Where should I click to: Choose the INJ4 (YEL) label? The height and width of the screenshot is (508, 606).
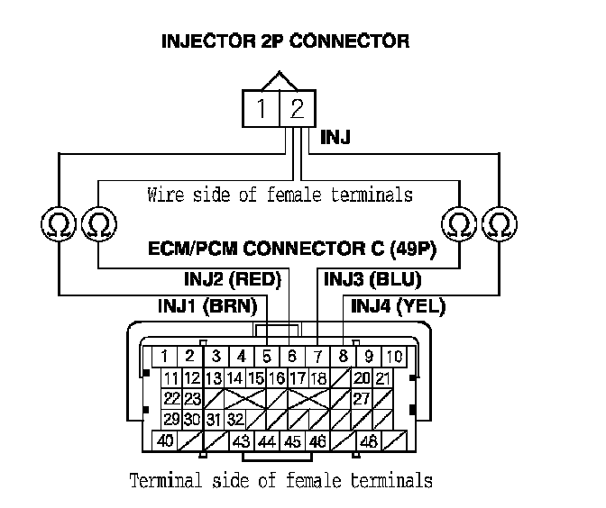(x=398, y=306)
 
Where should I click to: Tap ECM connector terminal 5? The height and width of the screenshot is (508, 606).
(x=267, y=356)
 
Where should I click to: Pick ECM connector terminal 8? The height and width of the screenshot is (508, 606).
(x=344, y=356)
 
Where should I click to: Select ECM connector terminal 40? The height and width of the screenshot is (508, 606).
(x=166, y=441)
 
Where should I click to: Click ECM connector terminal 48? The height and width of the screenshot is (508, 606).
(x=368, y=441)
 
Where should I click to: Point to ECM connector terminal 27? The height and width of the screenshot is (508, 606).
(x=361, y=398)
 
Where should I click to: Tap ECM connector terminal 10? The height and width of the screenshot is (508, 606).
(x=395, y=356)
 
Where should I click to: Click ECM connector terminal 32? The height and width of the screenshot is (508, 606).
(x=236, y=419)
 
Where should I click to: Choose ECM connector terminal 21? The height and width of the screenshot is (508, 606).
(x=382, y=377)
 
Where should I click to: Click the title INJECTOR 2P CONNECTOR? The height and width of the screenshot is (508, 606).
(x=285, y=41)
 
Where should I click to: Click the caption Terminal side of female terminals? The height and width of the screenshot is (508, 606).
(x=280, y=479)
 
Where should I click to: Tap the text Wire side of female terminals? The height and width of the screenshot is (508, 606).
(x=280, y=194)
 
